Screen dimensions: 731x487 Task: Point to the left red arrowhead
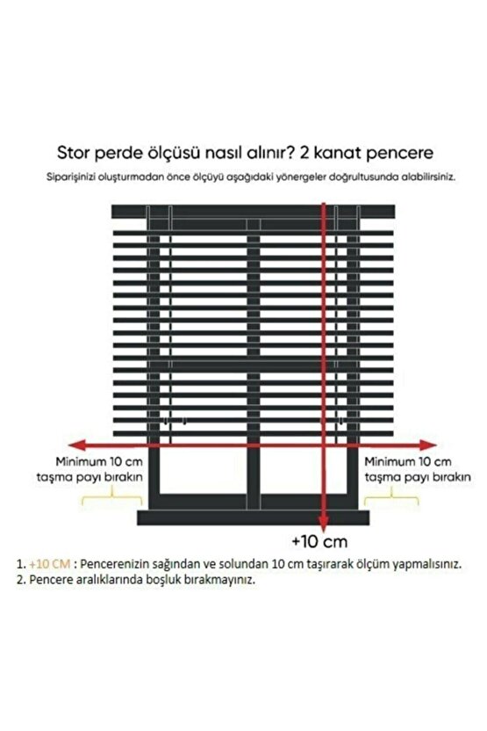click(x=64, y=445)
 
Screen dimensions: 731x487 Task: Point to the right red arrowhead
click(x=434, y=445)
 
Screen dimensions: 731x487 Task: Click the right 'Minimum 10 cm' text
click(x=408, y=460)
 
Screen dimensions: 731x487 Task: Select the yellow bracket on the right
click(x=389, y=500)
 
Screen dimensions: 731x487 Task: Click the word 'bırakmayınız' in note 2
click(x=219, y=581)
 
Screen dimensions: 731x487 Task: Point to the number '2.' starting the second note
click(x=20, y=581)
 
